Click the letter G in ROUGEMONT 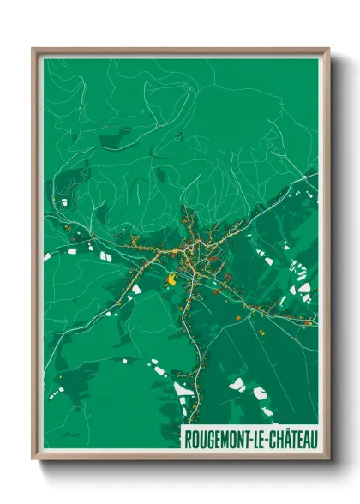[x=210, y=440]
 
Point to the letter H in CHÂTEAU [x=282, y=440]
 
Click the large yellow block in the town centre [x=172, y=279]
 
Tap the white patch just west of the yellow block [x=136, y=290]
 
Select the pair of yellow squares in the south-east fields [x=261, y=328]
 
